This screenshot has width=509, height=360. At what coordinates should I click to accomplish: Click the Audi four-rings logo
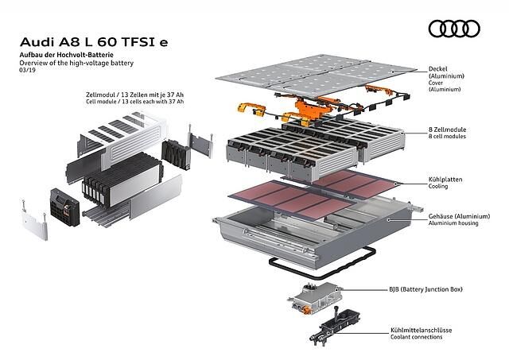pyautogui.click(x=454, y=29)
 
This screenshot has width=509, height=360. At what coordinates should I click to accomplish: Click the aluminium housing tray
pyautogui.click(x=302, y=226)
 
